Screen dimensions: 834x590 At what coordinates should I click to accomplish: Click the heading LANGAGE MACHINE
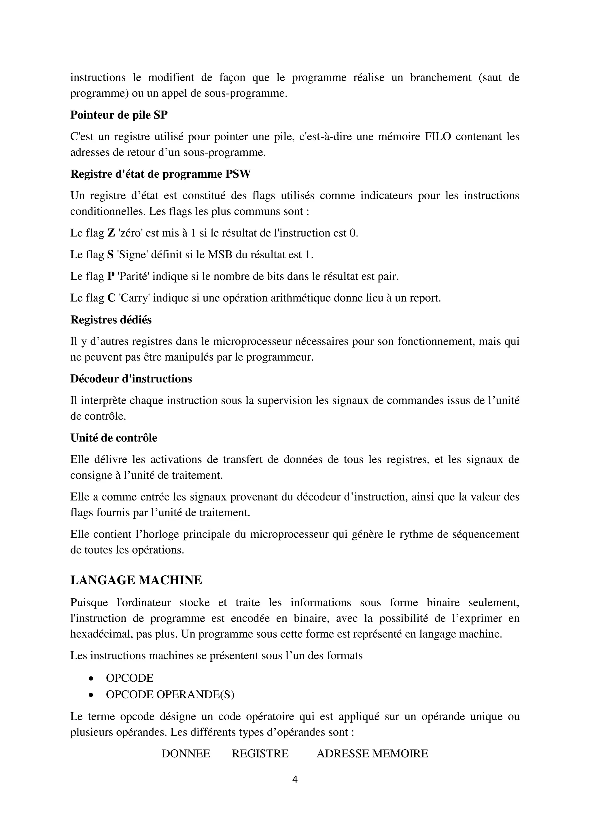pos(136,580)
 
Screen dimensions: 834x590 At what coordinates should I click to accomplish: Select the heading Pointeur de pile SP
pos(119,115)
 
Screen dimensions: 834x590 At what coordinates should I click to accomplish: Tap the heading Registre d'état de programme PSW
pos(160,174)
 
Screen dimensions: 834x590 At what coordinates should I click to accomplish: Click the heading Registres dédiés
pos(111,320)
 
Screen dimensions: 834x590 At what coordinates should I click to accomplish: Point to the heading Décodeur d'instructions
pos(131,379)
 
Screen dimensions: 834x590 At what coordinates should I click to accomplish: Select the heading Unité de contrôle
pos(114,438)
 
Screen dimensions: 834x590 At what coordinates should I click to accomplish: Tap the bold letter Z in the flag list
pos(111,233)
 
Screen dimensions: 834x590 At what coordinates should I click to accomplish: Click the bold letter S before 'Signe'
pos(110,255)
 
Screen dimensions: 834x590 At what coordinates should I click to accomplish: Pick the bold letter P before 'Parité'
pos(111,276)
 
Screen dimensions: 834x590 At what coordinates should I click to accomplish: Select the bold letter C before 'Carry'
pos(111,298)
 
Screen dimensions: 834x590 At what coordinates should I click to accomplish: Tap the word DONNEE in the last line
pos(186,753)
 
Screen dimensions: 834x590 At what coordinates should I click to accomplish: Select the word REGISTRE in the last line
pos(260,753)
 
